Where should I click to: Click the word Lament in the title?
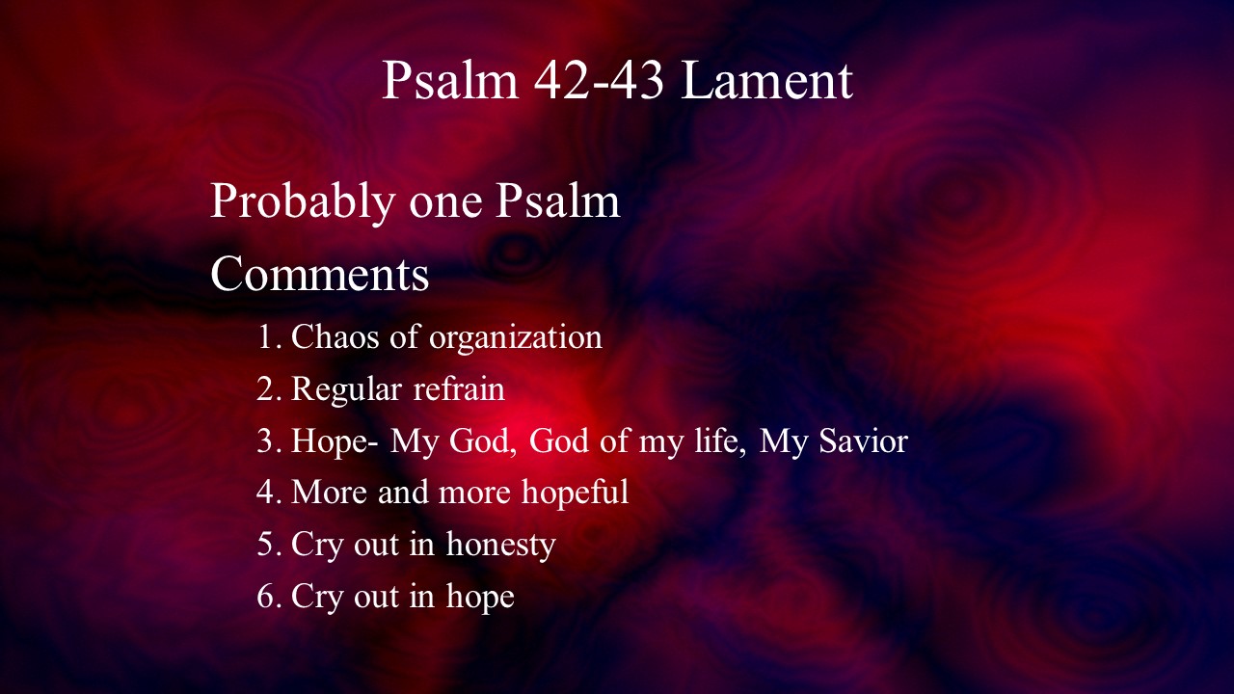[x=766, y=80]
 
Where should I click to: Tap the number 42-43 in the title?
[x=599, y=80]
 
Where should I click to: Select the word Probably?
[x=303, y=202]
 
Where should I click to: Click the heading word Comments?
[x=319, y=273]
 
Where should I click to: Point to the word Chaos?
[x=335, y=336]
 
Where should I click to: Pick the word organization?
[x=516, y=337]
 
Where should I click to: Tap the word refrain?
[x=459, y=387]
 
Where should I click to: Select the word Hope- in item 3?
[x=335, y=441]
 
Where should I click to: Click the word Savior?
[x=863, y=440]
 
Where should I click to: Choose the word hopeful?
[x=576, y=493]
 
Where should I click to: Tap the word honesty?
[x=500, y=546]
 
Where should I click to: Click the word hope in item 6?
[x=480, y=597]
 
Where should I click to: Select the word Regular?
[x=346, y=389]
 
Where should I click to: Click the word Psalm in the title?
[x=450, y=80]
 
